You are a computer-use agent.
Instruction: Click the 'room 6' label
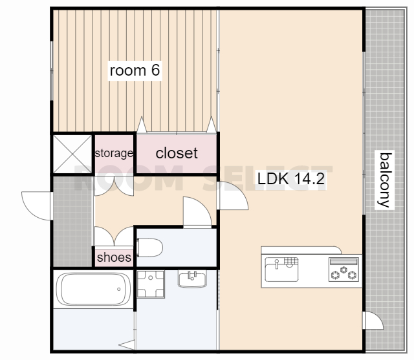click(135, 70)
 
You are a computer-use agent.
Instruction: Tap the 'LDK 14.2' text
click(290, 178)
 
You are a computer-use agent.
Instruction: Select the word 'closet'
click(177, 153)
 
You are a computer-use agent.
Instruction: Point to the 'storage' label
click(114, 153)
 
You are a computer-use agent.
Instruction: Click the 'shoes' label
click(114, 257)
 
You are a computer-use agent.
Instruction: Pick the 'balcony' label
click(385, 180)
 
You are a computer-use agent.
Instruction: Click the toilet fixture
click(149, 248)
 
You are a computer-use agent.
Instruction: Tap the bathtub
click(93, 290)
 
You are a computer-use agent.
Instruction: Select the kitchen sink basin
click(282, 270)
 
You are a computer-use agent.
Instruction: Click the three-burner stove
click(343, 270)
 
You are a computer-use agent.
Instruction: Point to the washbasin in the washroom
click(192, 279)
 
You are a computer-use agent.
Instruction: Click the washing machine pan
click(151, 284)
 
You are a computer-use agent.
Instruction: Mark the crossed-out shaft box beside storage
click(72, 154)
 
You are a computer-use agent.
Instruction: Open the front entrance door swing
click(36, 206)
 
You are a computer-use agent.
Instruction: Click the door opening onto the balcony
click(373, 320)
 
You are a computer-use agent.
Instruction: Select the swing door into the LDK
click(232, 196)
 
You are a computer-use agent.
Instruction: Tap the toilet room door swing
click(197, 212)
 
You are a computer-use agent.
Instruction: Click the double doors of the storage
click(114, 186)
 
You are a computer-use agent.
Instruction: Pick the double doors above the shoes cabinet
click(114, 236)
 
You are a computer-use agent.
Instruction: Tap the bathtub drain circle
click(119, 290)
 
